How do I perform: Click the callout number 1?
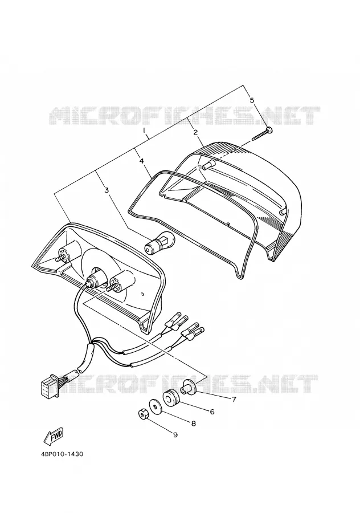click(x=144, y=131)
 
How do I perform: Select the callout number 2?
click(x=195, y=132)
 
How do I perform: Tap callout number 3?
click(x=107, y=190)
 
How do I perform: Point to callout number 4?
click(x=141, y=161)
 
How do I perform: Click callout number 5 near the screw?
click(x=251, y=100)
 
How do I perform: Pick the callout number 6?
click(x=212, y=412)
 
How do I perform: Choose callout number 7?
click(x=234, y=399)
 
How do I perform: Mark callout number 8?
click(x=193, y=424)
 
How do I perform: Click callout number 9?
click(x=175, y=435)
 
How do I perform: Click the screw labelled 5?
click(x=263, y=135)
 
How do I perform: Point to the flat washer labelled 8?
click(x=155, y=406)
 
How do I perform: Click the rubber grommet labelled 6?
click(x=171, y=398)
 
